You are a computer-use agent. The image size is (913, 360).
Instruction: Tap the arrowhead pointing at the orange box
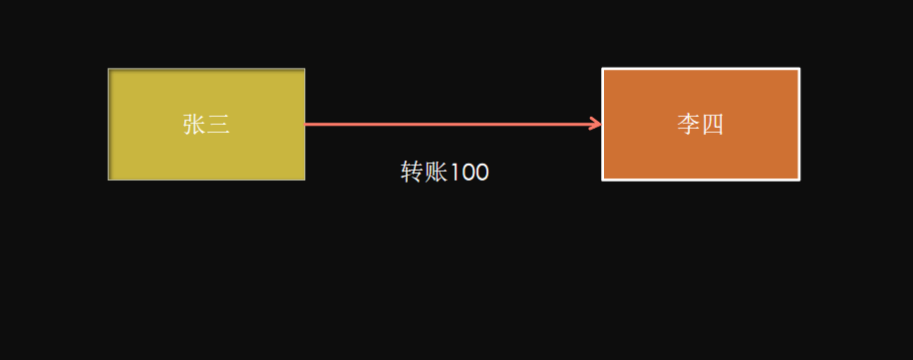coord(596,125)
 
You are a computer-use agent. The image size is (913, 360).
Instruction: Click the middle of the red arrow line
coord(454,125)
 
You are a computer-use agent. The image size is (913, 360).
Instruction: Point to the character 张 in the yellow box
coord(194,125)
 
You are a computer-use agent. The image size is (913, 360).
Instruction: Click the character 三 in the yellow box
coord(219,125)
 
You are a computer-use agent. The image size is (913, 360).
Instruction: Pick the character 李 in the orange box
coord(688,125)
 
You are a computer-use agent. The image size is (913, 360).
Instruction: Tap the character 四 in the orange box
coord(712,125)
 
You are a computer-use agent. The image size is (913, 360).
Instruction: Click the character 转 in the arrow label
coord(412,173)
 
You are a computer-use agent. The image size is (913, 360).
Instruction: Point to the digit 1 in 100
coord(455,173)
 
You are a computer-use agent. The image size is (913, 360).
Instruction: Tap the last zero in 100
coord(481,173)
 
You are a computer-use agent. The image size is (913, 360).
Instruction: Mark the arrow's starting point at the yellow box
coord(307,125)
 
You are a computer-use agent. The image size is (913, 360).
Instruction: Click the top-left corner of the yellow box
coord(109,70)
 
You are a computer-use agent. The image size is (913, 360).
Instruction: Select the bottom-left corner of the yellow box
coord(109,180)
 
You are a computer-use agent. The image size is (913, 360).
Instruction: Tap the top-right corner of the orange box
coord(798,69)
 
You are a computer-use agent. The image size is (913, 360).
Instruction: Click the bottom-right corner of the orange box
coord(798,180)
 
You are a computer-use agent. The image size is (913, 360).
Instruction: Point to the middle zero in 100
coord(467,173)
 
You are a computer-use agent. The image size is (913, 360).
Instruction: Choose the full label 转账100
coord(445,173)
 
